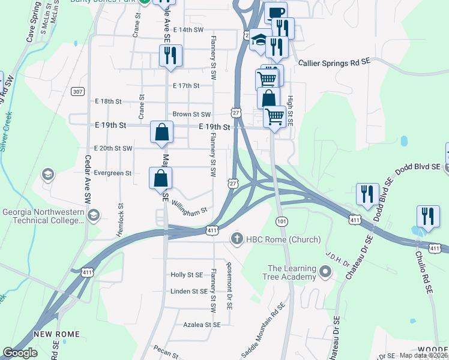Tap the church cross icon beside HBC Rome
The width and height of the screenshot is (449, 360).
point(237,239)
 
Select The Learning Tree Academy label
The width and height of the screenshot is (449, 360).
point(291,272)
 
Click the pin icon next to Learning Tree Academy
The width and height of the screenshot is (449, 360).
point(325,272)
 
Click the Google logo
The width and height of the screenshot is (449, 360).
point(20,353)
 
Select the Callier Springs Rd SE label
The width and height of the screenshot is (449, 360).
point(334,62)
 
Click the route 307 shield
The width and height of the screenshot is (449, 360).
point(77,91)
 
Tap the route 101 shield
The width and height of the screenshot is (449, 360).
point(280,221)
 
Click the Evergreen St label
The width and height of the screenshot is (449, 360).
point(112,173)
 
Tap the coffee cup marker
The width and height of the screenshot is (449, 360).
point(276,13)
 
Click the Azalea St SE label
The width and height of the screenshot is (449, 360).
point(202,324)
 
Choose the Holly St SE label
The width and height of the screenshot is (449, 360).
point(187,275)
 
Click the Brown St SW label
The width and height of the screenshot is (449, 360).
point(191,114)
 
